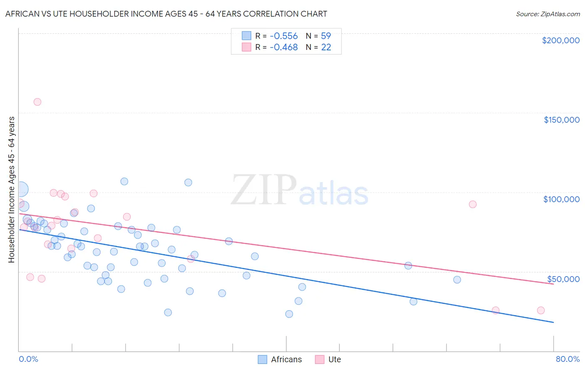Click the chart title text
166,14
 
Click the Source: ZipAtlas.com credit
548,14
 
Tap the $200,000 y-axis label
560,40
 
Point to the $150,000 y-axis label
561,120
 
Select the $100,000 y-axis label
561,199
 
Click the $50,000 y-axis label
563,279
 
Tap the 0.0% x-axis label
28,359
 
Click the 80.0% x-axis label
568,359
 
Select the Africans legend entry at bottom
280,359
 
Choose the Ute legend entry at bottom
328,359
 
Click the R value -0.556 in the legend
284,36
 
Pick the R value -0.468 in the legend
284,47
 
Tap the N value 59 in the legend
326,36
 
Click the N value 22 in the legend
326,47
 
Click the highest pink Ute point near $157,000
37,102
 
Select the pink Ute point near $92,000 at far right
472,204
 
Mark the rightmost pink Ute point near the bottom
540,310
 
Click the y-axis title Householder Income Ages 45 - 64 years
11,190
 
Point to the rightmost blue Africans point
457,279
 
